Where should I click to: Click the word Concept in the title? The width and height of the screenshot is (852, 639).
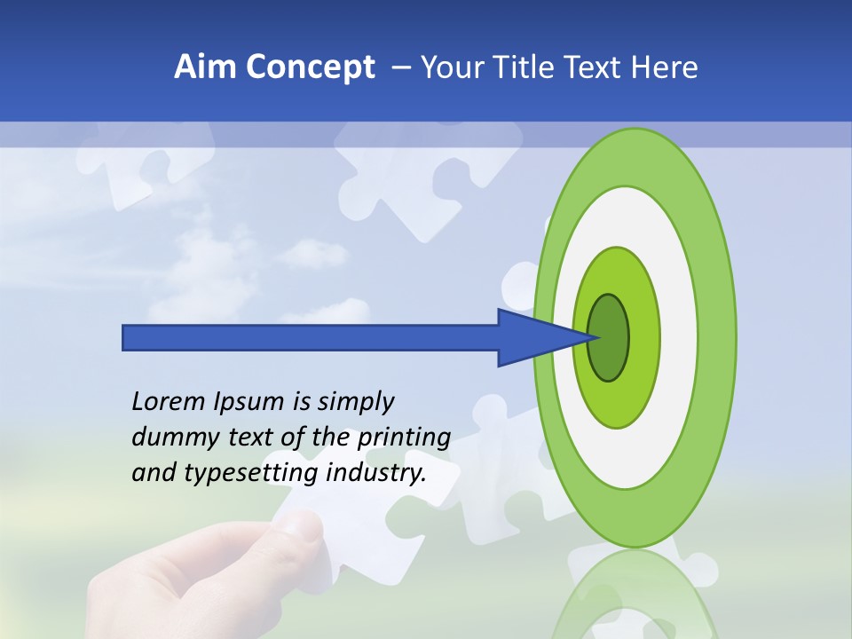click(311, 67)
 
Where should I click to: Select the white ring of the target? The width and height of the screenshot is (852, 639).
click(679, 337)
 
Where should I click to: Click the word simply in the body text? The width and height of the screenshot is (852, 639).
click(354, 402)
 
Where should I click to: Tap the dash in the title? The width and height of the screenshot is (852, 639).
click(400, 67)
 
